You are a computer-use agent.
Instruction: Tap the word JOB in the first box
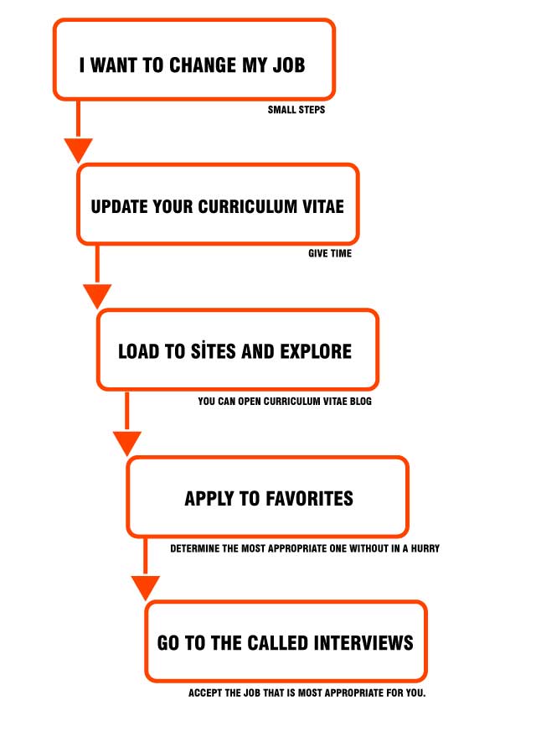289,65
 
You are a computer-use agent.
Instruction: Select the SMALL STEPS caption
296,110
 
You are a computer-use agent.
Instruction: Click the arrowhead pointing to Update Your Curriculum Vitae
79,150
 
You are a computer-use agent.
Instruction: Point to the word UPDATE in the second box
119,207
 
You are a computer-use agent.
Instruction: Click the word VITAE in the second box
324,207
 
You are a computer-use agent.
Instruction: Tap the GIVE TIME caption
330,254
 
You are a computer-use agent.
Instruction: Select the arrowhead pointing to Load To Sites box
97,296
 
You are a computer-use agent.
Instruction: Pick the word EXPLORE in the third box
316,351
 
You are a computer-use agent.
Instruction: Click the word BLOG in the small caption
361,402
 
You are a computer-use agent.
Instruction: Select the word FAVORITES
310,499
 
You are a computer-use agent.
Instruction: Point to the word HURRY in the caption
425,548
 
